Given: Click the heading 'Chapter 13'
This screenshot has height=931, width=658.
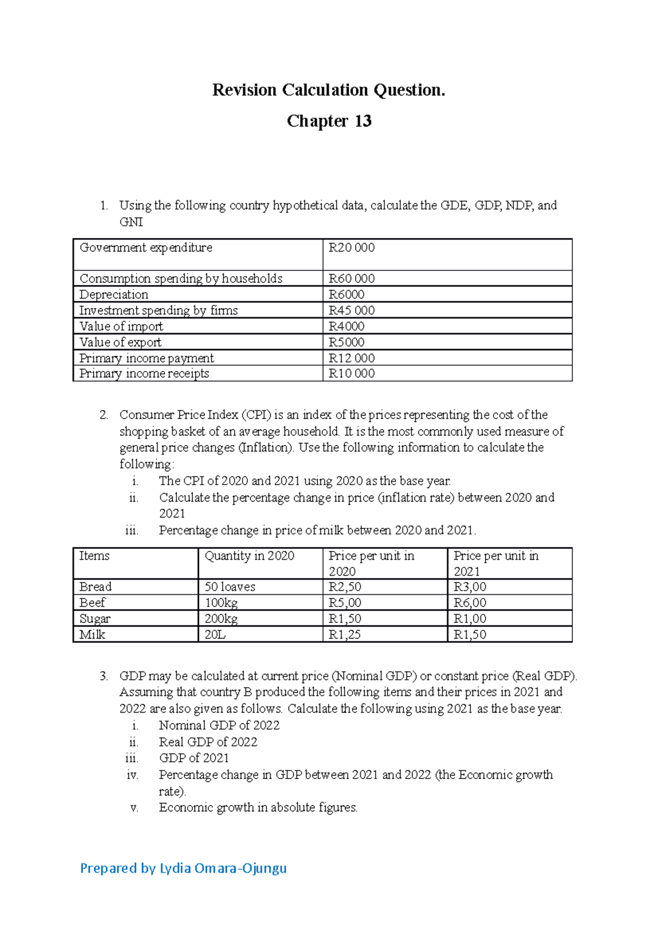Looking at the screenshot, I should click(329, 121).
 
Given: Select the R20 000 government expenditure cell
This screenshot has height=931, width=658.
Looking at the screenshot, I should click(351, 248).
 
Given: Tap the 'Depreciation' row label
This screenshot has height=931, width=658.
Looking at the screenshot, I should click(114, 294).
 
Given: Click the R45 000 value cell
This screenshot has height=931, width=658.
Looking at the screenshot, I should click(351, 310).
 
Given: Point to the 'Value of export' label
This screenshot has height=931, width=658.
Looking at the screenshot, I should click(121, 342).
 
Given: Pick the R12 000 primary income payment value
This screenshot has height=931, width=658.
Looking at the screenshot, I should click(351, 358).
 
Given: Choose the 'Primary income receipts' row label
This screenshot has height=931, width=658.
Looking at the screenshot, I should click(144, 373).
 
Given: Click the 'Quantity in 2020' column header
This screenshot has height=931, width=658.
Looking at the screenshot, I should click(249, 556).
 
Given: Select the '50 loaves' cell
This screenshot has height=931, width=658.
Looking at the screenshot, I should click(230, 587).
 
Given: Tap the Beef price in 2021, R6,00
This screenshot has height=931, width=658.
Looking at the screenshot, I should click(470, 603).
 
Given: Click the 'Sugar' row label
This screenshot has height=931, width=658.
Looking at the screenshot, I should click(95, 618).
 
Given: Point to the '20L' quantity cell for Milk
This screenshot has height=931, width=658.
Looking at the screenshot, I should click(215, 634).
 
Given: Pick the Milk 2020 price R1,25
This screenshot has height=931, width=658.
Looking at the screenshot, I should click(344, 634).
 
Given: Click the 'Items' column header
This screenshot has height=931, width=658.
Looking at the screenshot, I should click(94, 556).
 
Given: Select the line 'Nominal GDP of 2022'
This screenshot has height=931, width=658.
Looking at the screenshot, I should click(219, 725).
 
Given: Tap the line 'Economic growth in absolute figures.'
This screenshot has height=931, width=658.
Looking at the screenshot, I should click(258, 808).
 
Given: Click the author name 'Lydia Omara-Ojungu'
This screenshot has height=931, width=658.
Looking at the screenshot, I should click(223, 868).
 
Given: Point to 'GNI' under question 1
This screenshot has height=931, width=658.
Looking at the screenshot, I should click(131, 222).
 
